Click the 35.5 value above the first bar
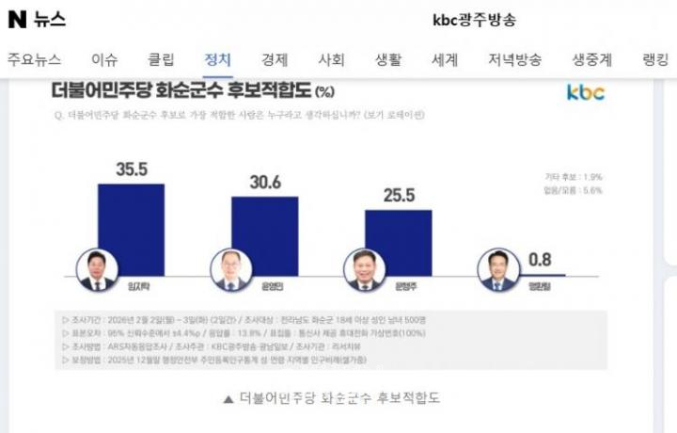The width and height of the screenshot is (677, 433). (132, 168)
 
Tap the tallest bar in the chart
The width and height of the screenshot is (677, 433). (132, 231)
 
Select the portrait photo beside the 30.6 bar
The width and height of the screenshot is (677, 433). (228, 269)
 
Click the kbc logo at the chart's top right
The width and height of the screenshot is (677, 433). (586, 92)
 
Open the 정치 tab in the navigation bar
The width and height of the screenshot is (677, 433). (218, 59)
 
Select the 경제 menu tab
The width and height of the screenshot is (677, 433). (276, 59)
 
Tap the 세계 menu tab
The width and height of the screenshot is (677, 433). (445, 59)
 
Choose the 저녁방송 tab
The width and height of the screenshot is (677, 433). (514, 59)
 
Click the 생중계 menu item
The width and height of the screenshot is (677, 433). (592, 59)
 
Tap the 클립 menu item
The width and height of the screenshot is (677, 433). (161, 59)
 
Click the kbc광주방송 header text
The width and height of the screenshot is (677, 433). (474, 20)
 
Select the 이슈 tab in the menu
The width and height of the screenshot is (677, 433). (105, 59)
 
